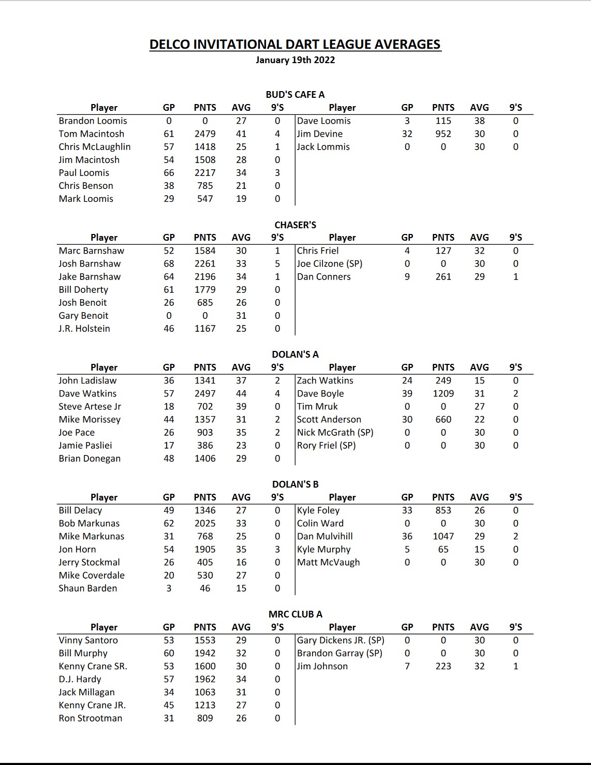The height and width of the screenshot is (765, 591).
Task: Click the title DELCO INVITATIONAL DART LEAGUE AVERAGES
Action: click(295, 45)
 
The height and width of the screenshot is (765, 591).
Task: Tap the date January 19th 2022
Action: click(295, 60)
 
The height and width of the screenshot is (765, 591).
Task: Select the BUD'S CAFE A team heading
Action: click(295, 95)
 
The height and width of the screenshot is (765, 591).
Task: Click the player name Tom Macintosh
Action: click(91, 134)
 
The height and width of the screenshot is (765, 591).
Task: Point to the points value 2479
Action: click(205, 134)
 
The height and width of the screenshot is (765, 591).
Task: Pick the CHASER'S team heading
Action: click(295, 225)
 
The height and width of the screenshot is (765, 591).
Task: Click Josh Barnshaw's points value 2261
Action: click(205, 264)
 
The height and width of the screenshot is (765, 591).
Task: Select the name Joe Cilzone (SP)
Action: click(330, 264)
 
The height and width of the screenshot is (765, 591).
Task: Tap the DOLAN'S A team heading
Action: click(295, 355)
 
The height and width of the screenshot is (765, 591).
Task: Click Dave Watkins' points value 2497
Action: click(205, 394)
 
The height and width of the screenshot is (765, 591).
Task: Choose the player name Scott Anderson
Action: click(329, 420)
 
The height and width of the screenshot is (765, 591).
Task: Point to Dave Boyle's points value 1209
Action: click(443, 394)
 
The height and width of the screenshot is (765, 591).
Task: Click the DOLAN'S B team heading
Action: click(295, 484)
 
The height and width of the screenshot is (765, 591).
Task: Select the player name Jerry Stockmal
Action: click(89, 563)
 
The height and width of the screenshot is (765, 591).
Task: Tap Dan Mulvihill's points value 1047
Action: click(443, 537)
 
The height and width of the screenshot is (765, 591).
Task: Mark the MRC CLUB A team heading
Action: click(295, 614)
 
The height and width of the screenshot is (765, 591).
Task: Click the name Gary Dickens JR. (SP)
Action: click(341, 640)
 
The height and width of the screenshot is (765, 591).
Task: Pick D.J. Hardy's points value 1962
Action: click(205, 679)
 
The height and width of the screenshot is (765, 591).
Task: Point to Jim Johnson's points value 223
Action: click(443, 666)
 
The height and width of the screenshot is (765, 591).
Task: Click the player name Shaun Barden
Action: click(88, 589)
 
